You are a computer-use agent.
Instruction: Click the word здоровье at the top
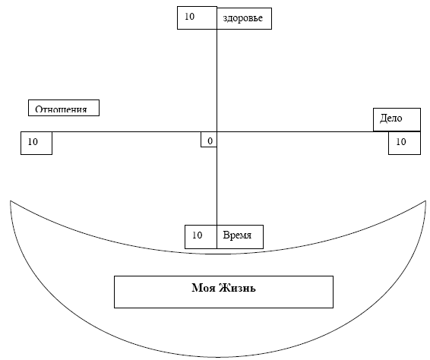pos(242,18)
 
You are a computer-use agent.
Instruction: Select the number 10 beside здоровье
pos(189,17)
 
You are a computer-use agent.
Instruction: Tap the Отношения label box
pos(64,108)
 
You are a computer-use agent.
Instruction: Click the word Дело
pos(390,118)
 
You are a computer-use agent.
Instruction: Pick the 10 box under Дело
pos(404,143)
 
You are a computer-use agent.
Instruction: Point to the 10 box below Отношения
pos(36,143)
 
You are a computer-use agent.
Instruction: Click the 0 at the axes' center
pos(210,141)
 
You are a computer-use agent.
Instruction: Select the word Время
pos(237,235)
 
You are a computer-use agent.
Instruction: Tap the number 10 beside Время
pos(197,235)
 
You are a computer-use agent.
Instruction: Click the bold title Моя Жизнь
pos(223,288)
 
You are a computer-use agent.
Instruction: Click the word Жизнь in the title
pos(238,288)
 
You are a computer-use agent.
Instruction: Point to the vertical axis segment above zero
pos(217,81)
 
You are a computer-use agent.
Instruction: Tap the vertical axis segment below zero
pos(217,178)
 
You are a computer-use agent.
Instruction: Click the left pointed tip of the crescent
pos(11,201)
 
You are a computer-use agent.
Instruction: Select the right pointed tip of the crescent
pos(426,201)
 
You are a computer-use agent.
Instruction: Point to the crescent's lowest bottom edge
pos(218,357)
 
